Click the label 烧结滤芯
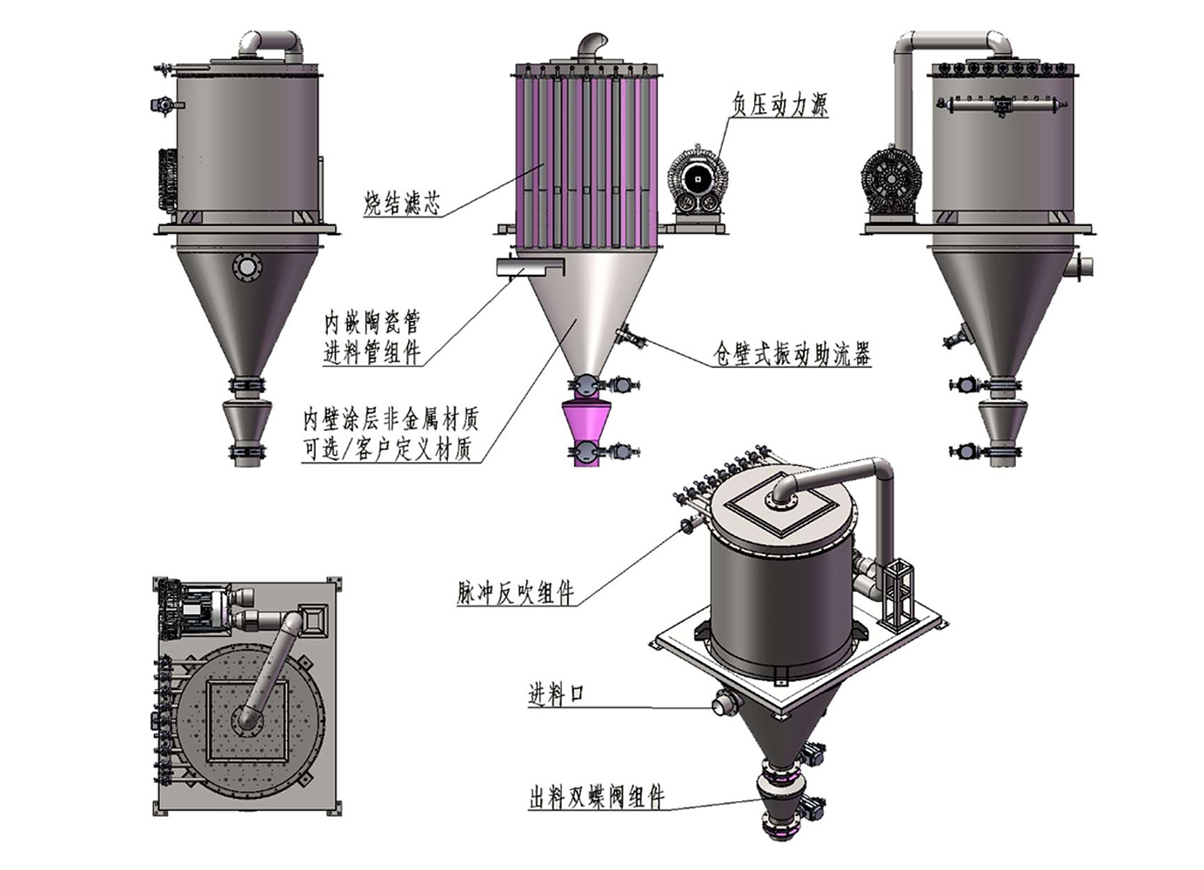[402, 204]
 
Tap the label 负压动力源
[780, 104]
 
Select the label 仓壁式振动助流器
[791, 354]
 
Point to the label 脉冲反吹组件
[516, 592]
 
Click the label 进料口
[556, 695]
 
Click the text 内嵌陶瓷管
[372, 323]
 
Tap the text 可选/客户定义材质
[388, 449]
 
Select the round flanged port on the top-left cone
[247, 267]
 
